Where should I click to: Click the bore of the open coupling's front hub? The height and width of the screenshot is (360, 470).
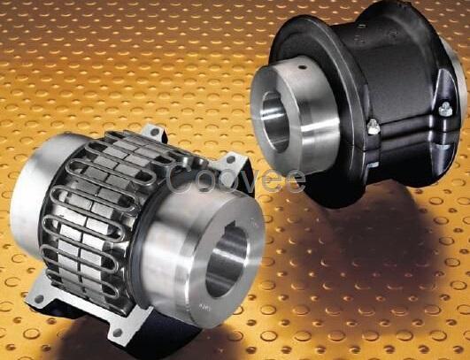pyautogui.click(x=227, y=259)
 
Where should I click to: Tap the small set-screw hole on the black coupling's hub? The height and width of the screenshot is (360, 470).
pyautogui.click(x=303, y=67)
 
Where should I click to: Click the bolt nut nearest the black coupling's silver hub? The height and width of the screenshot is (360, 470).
pyautogui.click(x=373, y=126)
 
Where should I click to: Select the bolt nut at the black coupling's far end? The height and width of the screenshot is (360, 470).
pyautogui.click(x=445, y=109)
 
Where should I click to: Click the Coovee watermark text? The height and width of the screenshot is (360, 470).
pyautogui.click(x=235, y=179)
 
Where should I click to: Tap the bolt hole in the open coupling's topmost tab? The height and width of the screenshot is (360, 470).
pyautogui.click(x=155, y=131)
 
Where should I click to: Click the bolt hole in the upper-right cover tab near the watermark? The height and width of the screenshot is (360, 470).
pyautogui.click(x=230, y=159)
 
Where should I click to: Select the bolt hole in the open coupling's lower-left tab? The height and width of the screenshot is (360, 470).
pyautogui.click(x=39, y=298)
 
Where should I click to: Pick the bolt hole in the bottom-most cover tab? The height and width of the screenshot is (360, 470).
pyautogui.click(x=118, y=333)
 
